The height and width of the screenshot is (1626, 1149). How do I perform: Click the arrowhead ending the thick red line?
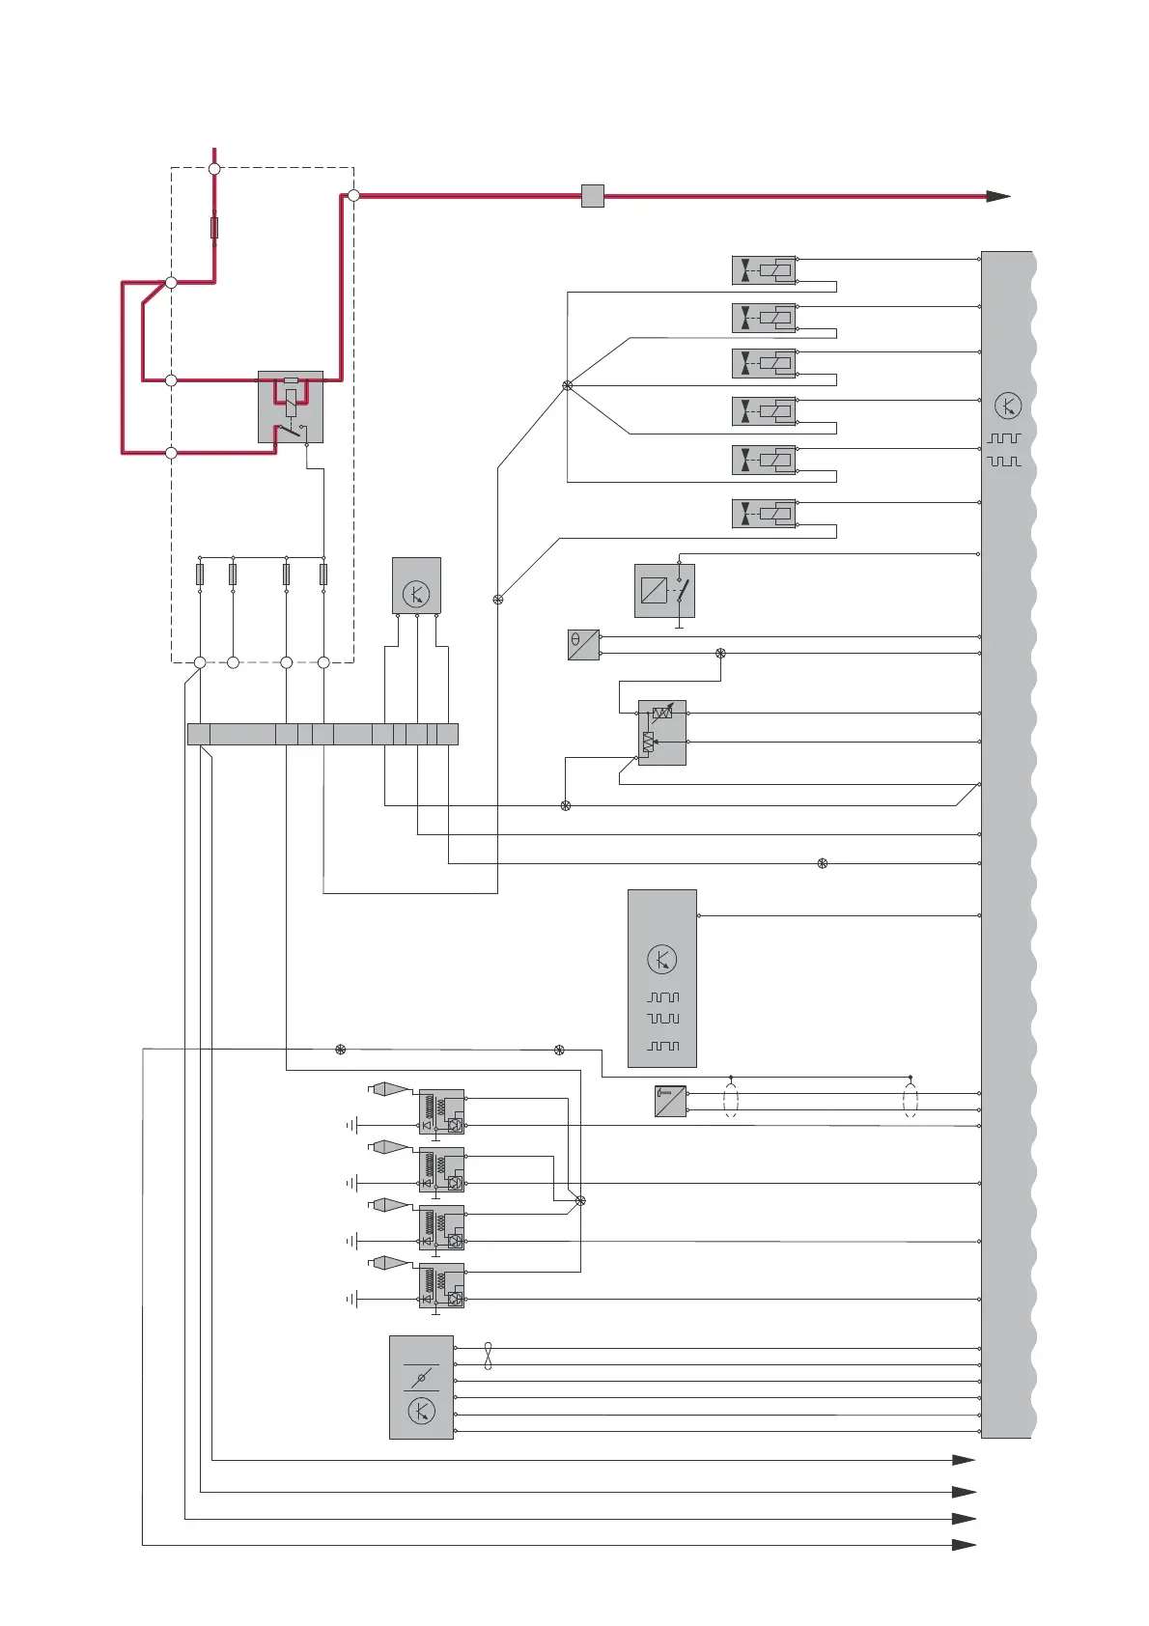tap(998, 196)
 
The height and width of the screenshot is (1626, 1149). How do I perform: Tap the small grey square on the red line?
tap(593, 196)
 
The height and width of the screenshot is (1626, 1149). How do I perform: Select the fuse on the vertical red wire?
tap(214, 228)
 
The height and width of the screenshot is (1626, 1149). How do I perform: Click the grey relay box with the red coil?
tap(291, 406)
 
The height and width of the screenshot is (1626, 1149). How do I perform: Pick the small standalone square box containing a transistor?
tap(416, 585)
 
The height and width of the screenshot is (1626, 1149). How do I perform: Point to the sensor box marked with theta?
tap(583, 645)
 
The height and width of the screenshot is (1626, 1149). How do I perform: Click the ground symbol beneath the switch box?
tap(679, 626)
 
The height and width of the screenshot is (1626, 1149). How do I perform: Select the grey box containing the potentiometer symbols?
tap(661, 732)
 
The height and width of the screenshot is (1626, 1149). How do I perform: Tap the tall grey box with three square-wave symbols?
tap(662, 978)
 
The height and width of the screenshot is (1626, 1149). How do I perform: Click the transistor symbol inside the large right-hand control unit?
tap(1007, 406)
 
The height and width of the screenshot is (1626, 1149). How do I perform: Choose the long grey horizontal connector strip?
tap(322, 734)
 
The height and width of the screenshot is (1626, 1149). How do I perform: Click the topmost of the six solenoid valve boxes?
tap(764, 270)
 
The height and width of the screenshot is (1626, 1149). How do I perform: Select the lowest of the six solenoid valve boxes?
tap(764, 514)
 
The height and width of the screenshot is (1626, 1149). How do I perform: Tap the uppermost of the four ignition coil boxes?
tap(441, 1111)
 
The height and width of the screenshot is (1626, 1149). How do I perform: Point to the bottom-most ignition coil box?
tap(441, 1285)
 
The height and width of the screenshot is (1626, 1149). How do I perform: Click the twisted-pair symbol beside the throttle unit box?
tap(488, 1356)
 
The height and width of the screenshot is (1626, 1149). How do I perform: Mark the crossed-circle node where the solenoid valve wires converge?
tap(568, 386)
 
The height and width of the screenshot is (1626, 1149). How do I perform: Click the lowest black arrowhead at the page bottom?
tap(964, 1545)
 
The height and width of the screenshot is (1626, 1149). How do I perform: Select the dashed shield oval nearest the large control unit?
tap(910, 1101)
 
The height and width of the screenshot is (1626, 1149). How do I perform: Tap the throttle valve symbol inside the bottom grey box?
tap(421, 1378)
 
